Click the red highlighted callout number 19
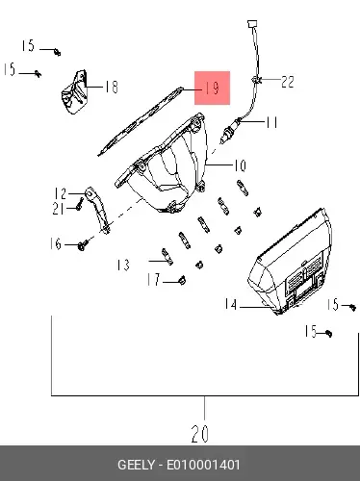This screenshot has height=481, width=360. click(212, 88)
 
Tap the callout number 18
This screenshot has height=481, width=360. click(112, 87)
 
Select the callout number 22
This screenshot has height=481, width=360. click(288, 82)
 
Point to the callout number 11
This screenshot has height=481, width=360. click(271, 122)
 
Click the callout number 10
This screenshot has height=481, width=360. click(240, 165)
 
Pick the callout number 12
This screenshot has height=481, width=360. click(61, 193)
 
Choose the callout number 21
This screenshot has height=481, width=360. click(59, 209)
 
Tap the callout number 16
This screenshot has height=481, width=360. click(56, 243)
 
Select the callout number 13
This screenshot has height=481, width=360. click(123, 265)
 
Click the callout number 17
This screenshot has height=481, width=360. click(154, 279)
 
